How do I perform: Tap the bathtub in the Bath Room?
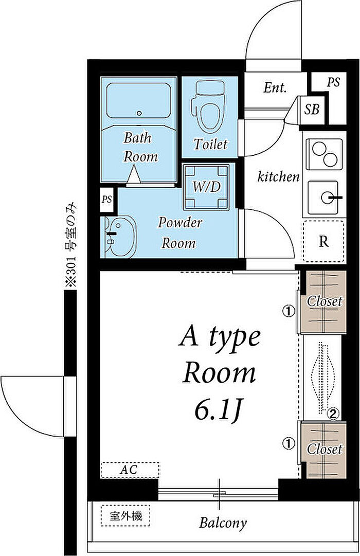coord(138,101)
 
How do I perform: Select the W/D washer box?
coord(206,187)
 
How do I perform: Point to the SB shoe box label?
coord(312,109)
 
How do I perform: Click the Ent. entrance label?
coord(275,87)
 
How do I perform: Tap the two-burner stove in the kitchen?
coord(325,154)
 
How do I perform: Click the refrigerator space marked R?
coord(323,241)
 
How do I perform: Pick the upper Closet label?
coord(325,302)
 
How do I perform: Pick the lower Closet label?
coord(325,449)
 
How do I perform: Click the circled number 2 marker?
coord(333,413)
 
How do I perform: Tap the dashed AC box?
coord(130,470)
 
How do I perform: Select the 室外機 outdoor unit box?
coord(126,515)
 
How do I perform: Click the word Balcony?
coord(223,523)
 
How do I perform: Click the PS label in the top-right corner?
coord(333,82)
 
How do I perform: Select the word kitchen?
coord(278,176)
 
